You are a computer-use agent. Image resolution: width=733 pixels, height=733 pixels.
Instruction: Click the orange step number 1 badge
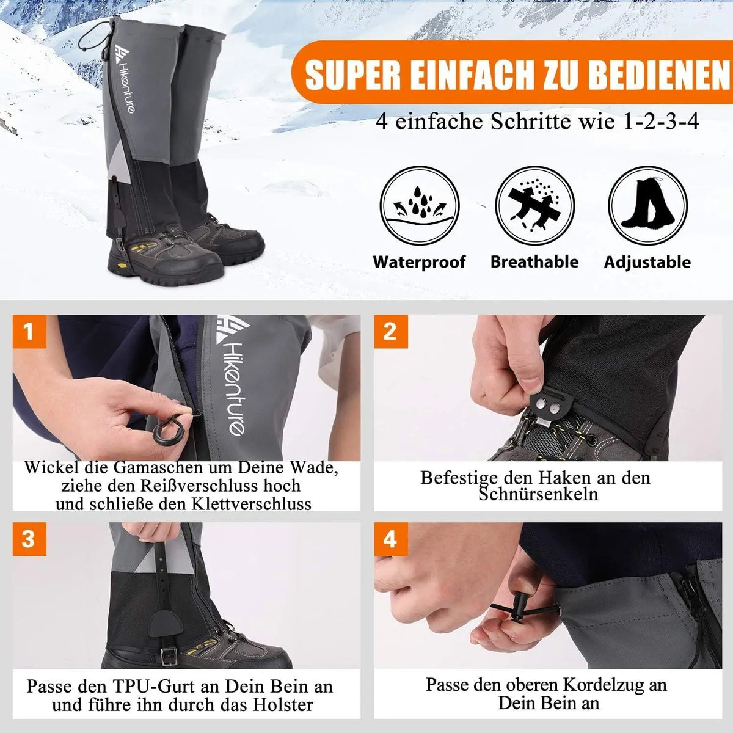[x=29, y=332]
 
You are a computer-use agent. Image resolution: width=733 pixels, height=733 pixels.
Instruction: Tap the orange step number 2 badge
[x=390, y=332]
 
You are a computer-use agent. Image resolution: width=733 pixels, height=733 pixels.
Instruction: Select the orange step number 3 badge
[x=29, y=539]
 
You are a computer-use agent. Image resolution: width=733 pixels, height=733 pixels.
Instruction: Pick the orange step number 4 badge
[x=390, y=539]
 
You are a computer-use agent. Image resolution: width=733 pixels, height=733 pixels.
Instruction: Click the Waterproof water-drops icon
[x=420, y=206]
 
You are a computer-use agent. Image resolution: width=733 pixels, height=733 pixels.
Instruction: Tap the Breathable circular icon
[x=534, y=206]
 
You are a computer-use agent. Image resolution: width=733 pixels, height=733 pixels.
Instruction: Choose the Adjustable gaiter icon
[x=647, y=206]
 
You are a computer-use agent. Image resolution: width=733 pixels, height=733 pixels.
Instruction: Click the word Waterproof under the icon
[x=420, y=262]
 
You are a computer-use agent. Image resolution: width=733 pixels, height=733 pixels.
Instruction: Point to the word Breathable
[x=534, y=262]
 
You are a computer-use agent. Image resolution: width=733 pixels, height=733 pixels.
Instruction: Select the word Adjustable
[x=647, y=263]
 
